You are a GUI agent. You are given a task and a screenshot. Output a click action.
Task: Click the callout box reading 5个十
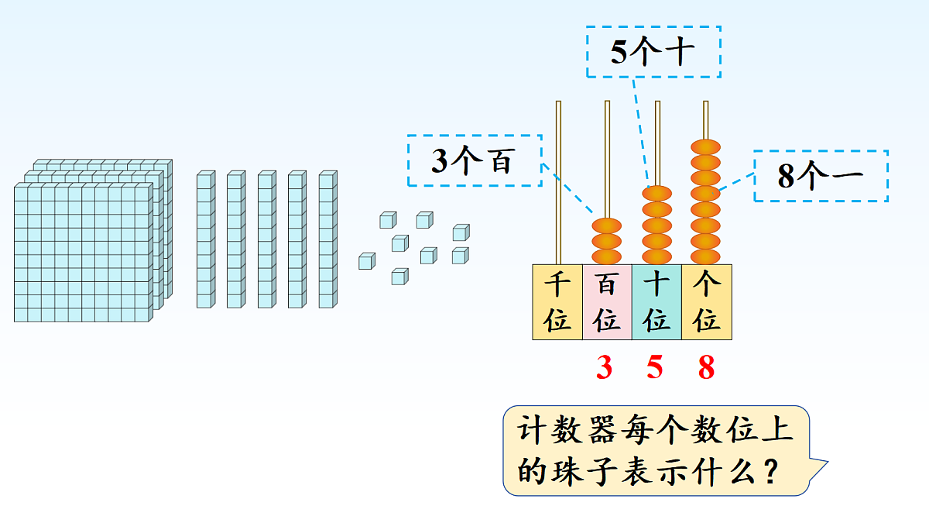(x=653, y=52)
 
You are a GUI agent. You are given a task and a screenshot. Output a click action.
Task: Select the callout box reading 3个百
(x=474, y=161)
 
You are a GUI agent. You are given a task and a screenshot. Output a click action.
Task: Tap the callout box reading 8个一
(x=821, y=176)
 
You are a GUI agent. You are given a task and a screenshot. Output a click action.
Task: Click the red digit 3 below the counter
(x=604, y=367)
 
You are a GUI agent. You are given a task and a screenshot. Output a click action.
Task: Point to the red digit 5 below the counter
(x=655, y=367)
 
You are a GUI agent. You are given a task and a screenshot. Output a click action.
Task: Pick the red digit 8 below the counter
(x=706, y=367)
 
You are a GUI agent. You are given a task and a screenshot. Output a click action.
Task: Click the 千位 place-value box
(x=557, y=301)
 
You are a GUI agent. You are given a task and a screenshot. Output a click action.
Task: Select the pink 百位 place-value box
(x=607, y=301)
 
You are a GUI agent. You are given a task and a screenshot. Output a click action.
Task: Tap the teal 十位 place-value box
(x=656, y=301)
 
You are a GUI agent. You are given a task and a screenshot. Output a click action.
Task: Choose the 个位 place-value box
(x=706, y=301)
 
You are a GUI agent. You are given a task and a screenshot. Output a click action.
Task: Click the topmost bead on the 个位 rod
(x=705, y=147)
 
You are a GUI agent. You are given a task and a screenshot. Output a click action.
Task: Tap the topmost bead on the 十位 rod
(x=656, y=194)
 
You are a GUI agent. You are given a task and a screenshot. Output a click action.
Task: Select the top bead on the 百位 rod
(x=607, y=225)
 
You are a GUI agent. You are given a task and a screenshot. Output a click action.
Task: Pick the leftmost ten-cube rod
(x=204, y=240)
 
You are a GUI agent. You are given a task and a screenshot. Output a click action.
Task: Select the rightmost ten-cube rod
(x=327, y=240)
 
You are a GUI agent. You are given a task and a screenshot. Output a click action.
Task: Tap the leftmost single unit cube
(x=365, y=261)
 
